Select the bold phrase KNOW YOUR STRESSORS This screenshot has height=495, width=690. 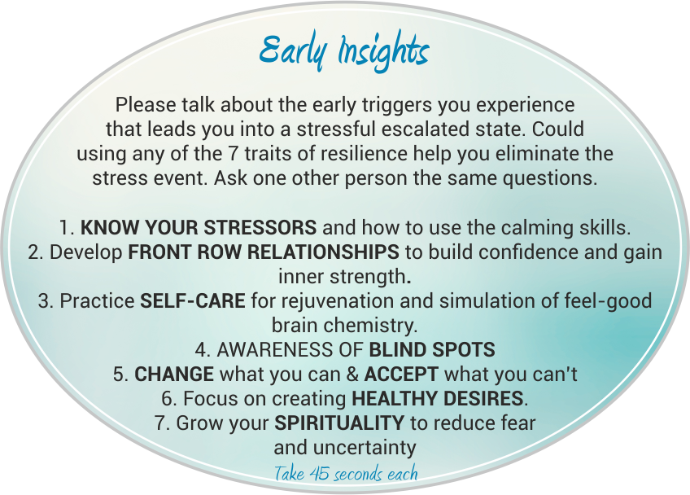tap(199, 228)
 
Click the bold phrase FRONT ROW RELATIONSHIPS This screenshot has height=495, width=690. tap(264, 252)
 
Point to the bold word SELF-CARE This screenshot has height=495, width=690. tap(193, 300)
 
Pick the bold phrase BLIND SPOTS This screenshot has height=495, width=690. tap(432, 349)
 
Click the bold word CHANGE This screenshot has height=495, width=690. tap(174, 375)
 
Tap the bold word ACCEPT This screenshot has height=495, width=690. tap(401, 375)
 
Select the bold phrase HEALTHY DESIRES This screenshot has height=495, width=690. tap(438, 399)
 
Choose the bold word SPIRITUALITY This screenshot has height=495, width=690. tap(339, 423)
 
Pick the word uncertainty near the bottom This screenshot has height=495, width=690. tap(365, 448)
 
